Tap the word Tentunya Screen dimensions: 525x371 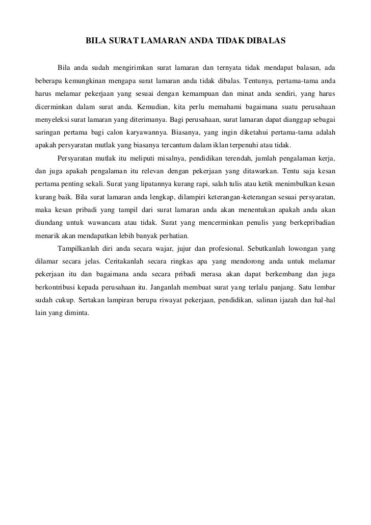(x=260, y=81)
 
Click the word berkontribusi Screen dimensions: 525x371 (x=56, y=287)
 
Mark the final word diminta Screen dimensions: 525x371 (x=76, y=314)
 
